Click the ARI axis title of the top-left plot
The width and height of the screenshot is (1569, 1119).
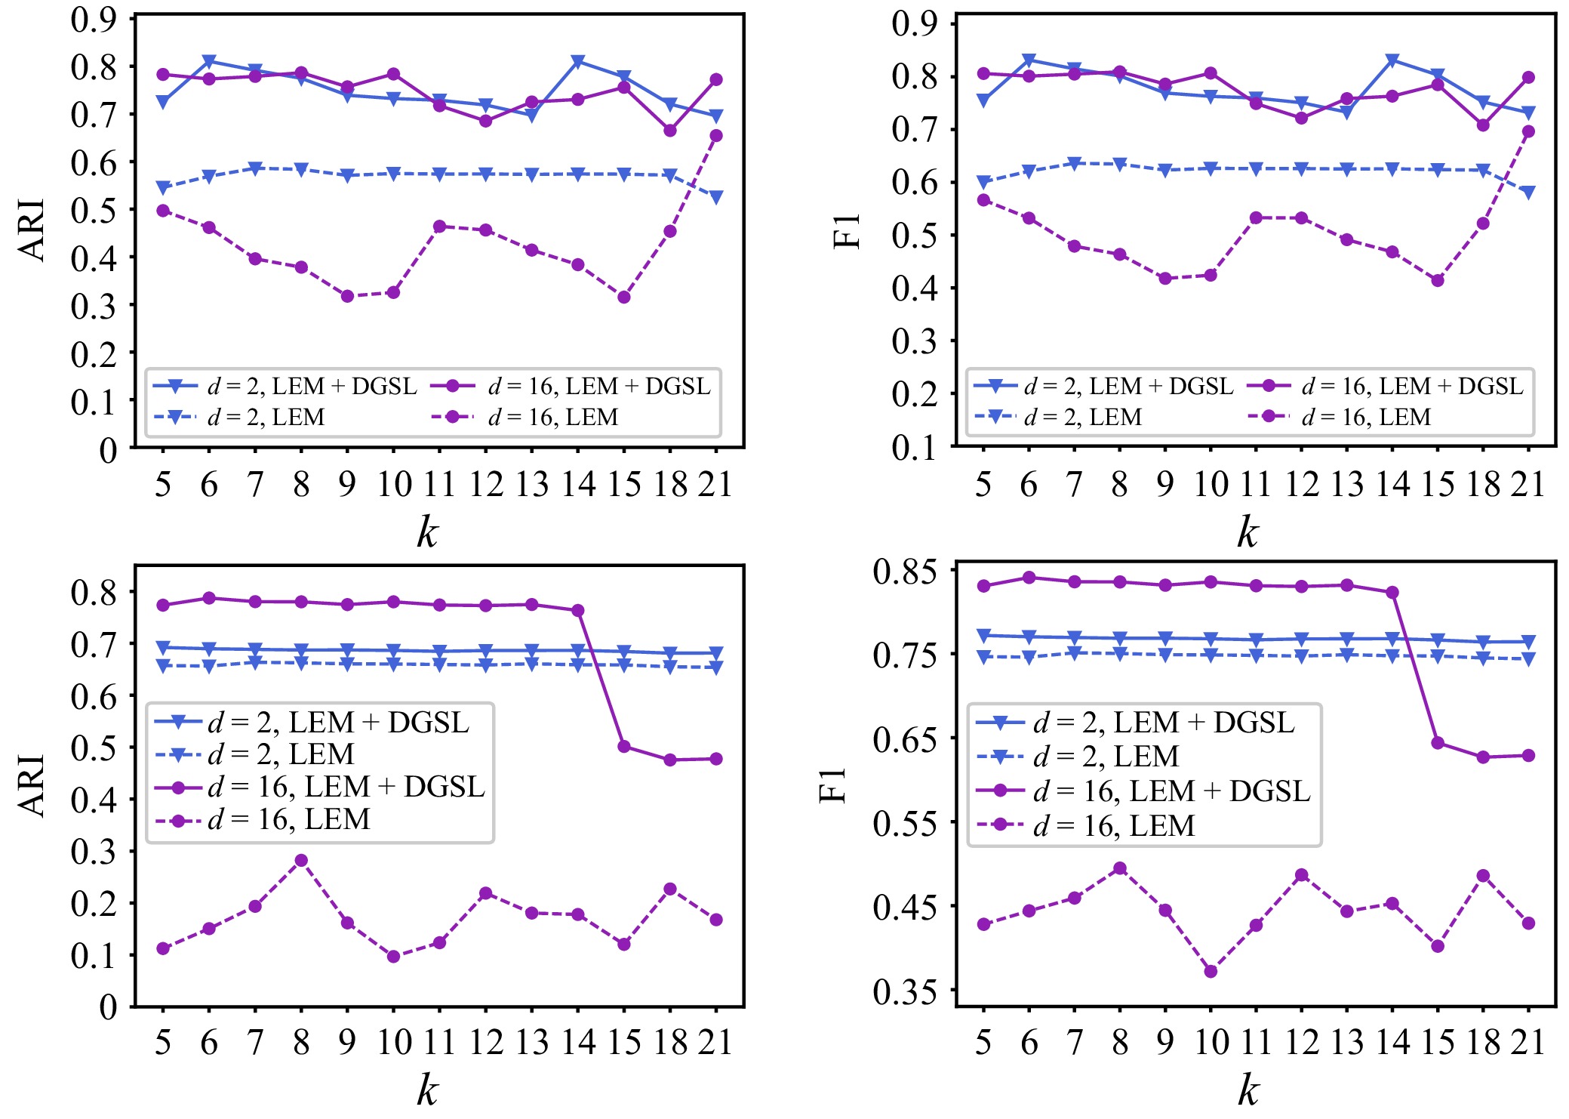[x=32, y=230]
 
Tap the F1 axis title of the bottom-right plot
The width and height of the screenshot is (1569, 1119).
[x=833, y=785]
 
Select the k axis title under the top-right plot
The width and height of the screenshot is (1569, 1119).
[x=1248, y=532]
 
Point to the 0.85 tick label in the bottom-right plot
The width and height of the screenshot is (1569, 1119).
[x=903, y=572]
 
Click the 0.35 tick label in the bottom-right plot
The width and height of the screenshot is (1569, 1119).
[x=903, y=992]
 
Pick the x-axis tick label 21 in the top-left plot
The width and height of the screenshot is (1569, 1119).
[x=715, y=484]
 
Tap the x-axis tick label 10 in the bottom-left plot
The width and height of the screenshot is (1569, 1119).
[x=394, y=1043]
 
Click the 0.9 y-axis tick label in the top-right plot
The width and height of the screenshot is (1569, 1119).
[x=914, y=23]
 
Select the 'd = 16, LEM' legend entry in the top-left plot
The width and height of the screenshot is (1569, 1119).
[x=552, y=417]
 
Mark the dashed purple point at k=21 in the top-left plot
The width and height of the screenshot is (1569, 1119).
[x=716, y=136]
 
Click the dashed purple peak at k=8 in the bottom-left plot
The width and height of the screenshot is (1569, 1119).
[x=301, y=860]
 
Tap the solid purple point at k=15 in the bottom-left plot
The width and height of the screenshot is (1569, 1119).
[x=624, y=746]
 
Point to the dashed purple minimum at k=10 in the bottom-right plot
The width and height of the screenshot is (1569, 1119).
[x=1211, y=971]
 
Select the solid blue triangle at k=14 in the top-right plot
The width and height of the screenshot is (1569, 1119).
[x=1392, y=60]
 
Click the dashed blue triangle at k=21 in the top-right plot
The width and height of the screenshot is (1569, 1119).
[x=1529, y=193]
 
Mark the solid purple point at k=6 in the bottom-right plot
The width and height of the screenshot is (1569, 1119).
[x=1029, y=578]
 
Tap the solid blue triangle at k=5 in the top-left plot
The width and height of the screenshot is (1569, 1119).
[x=163, y=102]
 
